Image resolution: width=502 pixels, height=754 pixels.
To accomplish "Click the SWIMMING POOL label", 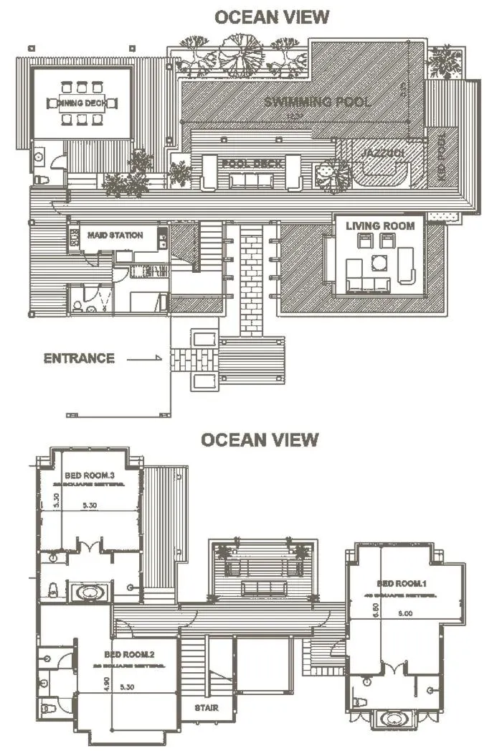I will coord(317,101).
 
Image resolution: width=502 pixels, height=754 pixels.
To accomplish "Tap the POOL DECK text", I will coord(250,164).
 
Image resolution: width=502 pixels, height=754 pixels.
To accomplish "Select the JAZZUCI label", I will coord(379,154).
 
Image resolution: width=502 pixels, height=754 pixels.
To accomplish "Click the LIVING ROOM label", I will coord(380,225).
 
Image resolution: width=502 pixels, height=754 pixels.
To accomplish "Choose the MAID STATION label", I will coord(115,235).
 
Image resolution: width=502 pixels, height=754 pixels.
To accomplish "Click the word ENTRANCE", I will coord(79,358).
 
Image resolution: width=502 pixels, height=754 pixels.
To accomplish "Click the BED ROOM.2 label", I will coord(129,654).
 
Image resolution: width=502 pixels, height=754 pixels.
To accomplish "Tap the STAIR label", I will coord(207,708).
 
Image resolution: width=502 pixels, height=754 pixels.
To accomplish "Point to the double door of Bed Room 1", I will coord(395,671).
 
